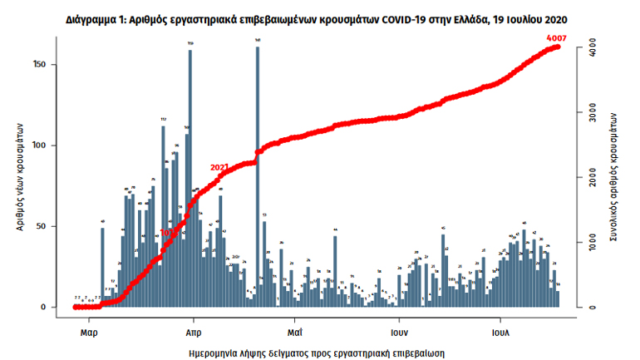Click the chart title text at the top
point(320,17)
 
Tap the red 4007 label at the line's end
point(557,37)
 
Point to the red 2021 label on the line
point(220,167)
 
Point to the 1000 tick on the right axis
point(587,242)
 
